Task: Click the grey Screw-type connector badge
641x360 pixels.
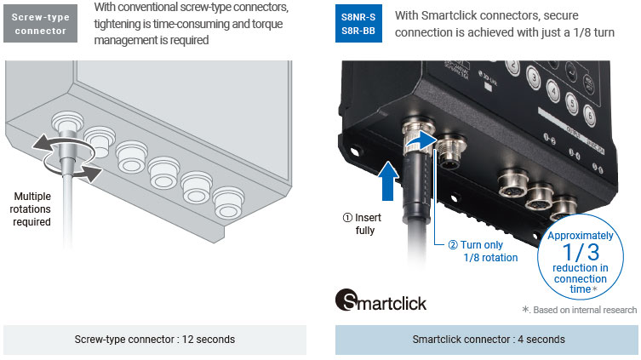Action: [40, 23]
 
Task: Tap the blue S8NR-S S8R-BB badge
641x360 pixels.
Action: [358, 23]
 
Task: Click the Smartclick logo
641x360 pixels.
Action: [381, 300]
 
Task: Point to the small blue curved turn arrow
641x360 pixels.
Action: [421, 140]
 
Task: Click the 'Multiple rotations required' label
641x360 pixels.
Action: [31, 209]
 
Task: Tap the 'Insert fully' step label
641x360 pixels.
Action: [362, 224]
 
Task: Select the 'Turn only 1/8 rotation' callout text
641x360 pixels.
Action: [483, 251]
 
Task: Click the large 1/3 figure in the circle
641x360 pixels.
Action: [581, 252]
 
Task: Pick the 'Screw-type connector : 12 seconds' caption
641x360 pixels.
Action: [155, 340]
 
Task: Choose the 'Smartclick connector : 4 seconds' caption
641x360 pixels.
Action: [489, 340]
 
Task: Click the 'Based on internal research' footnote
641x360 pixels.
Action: [579, 310]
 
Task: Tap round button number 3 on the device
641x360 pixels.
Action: [533, 76]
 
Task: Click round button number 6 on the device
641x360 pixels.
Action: [589, 115]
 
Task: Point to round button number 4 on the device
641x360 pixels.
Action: [553, 90]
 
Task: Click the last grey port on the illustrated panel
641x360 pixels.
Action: [228, 202]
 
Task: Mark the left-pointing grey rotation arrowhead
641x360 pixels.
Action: [41, 144]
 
